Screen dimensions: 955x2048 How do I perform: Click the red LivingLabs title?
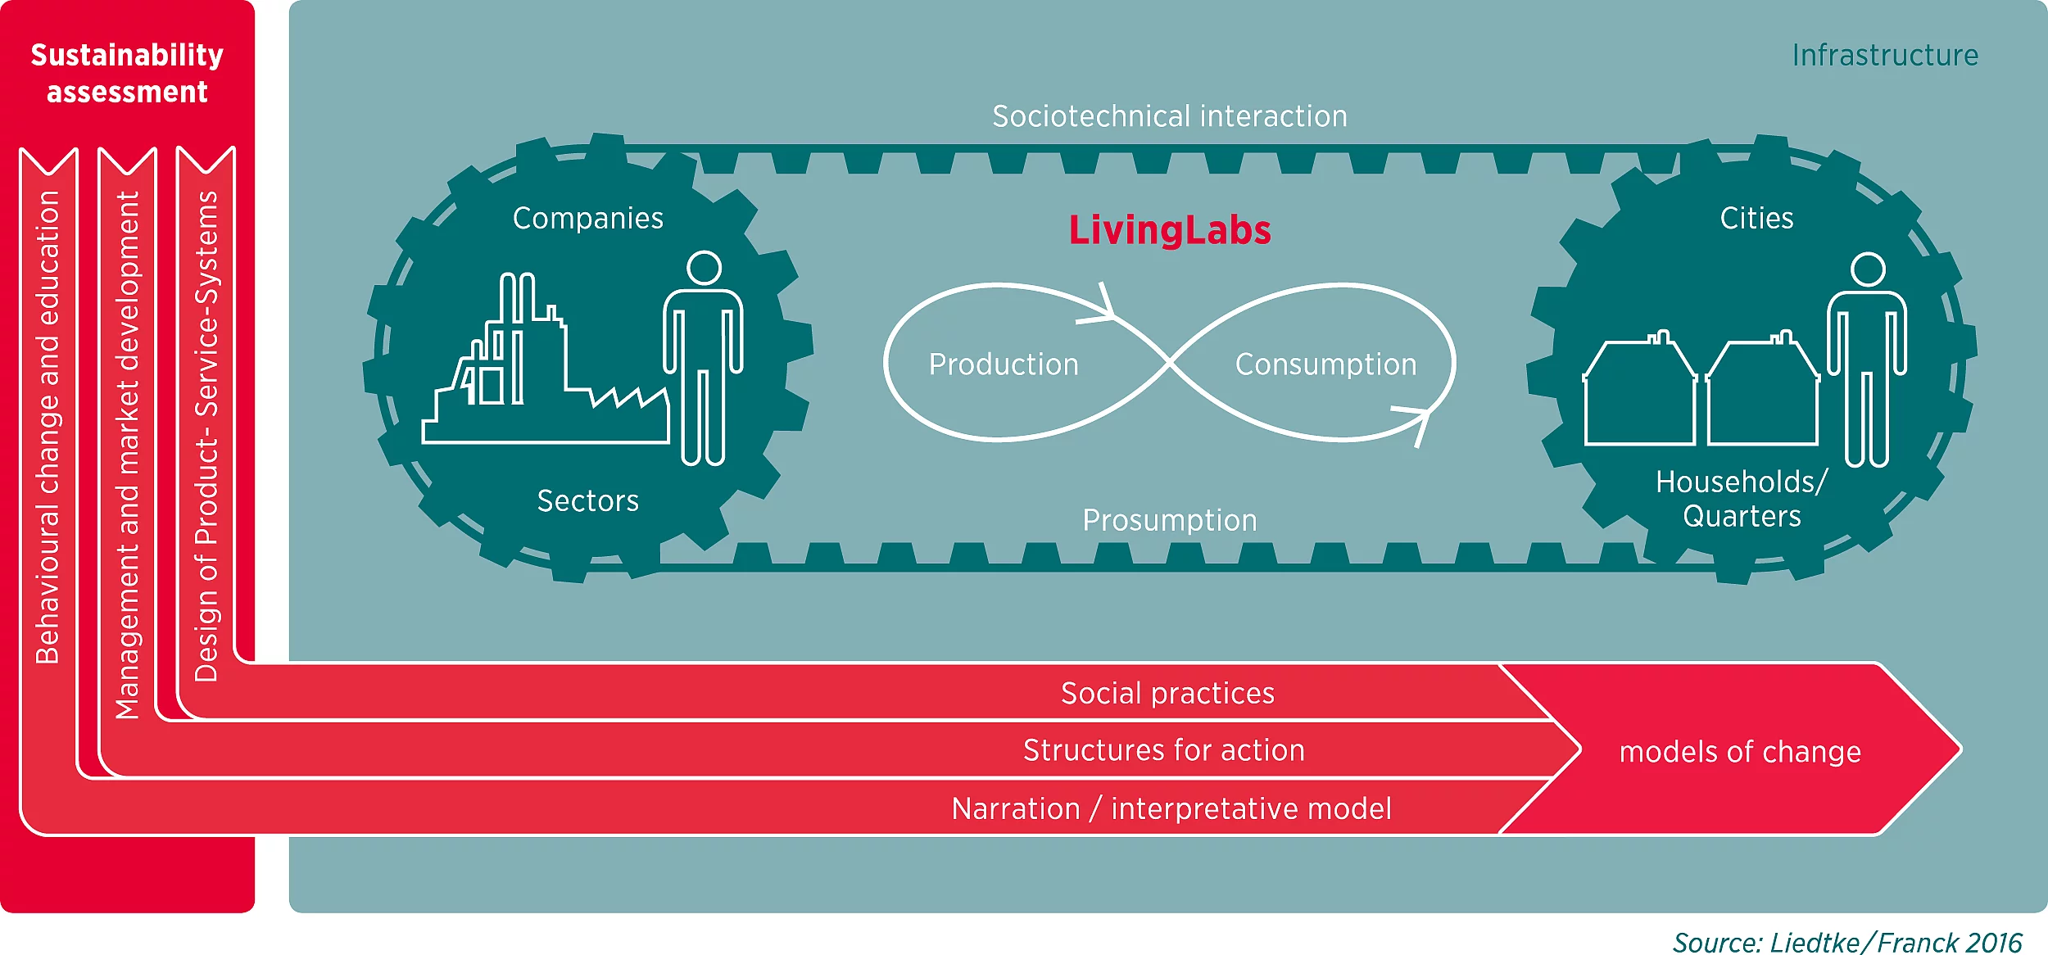(x=1169, y=231)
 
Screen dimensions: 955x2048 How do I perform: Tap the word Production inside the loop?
(x=1004, y=364)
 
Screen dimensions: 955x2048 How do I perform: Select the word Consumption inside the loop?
(x=1325, y=364)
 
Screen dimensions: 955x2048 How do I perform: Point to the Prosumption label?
(x=1169, y=520)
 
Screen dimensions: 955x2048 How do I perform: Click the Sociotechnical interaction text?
(x=1169, y=116)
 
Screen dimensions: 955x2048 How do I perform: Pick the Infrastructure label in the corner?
(x=1884, y=56)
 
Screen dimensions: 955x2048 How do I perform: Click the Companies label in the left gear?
(x=587, y=219)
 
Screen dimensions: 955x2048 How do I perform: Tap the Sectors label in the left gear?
(x=587, y=500)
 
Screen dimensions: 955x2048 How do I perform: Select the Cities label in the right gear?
(x=1756, y=219)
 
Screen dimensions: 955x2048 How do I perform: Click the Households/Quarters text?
(x=1742, y=499)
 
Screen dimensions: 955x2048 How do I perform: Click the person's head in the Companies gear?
(x=704, y=268)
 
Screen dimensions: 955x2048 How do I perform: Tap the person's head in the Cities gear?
(x=1869, y=269)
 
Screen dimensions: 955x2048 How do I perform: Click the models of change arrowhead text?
(x=1740, y=752)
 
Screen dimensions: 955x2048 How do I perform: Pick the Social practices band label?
(x=1167, y=694)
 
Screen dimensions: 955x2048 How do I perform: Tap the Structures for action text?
(x=1163, y=750)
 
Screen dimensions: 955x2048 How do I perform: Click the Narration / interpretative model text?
(x=1171, y=809)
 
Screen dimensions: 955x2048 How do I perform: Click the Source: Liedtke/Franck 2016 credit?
(x=1846, y=942)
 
